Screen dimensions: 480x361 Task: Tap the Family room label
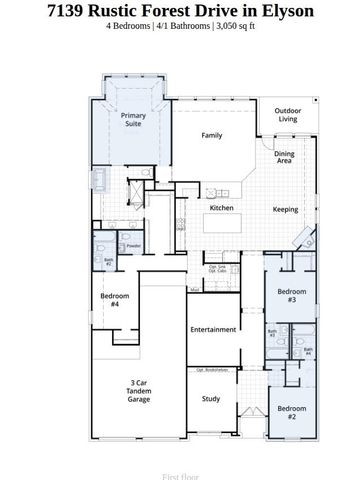(212, 135)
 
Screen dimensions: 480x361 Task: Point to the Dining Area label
(285, 157)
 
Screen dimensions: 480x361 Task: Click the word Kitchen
(221, 208)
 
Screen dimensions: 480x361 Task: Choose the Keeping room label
(286, 210)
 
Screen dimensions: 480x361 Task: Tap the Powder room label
(133, 246)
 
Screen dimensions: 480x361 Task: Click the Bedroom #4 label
(109, 300)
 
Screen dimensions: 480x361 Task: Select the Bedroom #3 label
(291, 296)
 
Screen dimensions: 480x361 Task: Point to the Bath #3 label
(271, 335)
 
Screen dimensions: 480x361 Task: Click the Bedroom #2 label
(291, 412)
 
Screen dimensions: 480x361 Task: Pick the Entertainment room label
(212, 329)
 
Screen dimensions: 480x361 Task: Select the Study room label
(210, 399)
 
